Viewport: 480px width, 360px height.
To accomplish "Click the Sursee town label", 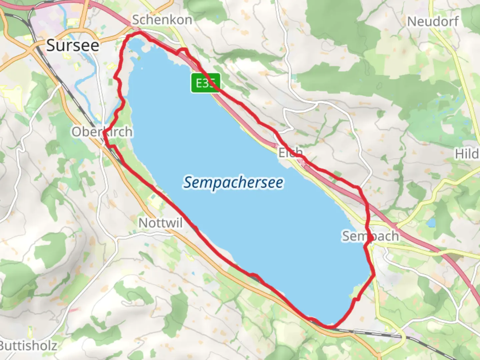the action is tap(73, 45).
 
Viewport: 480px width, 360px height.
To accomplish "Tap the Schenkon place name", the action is tap(162, 20).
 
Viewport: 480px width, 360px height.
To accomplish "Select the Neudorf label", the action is tap(433, 22).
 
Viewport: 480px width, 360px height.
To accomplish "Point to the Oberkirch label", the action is tap(102, 132).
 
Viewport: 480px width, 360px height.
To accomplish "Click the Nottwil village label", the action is tap(161, 223).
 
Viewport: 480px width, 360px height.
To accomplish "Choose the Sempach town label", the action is tap(370, 236).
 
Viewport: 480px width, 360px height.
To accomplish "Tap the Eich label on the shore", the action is tap(290, 153).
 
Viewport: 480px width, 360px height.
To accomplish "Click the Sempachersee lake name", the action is tap(233, 183).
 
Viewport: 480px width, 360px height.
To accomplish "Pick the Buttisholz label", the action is tap(29, 346).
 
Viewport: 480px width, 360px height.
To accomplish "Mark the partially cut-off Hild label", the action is tap(467, 154).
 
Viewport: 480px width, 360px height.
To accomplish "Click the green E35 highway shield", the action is tap(206, 83).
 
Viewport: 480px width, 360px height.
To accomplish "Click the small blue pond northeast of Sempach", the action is tap(431, 222).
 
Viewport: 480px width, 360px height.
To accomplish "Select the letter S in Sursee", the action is tap(51, 45).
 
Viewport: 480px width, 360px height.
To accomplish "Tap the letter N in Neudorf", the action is tap(412, 22).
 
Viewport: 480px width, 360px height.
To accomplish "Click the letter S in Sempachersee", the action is tap(188, 182).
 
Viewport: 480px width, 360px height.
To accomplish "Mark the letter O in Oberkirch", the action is tap(76, 132).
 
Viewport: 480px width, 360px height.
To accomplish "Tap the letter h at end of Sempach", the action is tap(394, 236).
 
